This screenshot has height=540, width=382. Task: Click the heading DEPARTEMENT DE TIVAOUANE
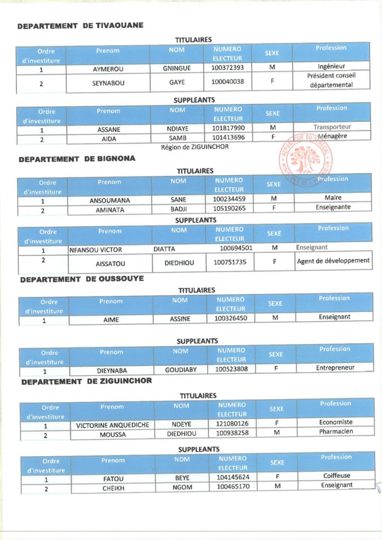81,27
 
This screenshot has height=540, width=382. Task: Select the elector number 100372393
227,68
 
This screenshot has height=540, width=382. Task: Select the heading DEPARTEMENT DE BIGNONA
77,160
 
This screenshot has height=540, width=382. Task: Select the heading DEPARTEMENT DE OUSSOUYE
82,280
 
